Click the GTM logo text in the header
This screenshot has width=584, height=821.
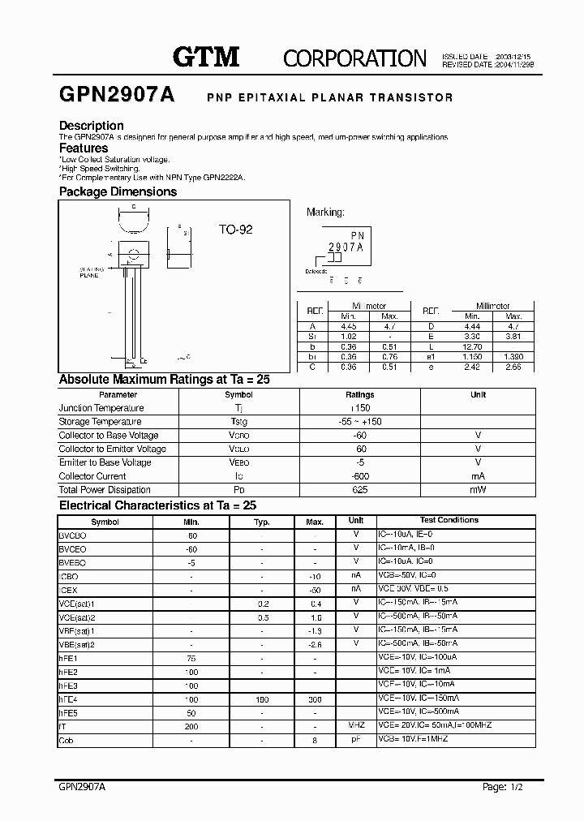coord(206,56)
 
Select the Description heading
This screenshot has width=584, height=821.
coord(92,126)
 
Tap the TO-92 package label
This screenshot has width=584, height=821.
coord(235,230)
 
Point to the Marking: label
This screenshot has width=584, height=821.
coord(325,212)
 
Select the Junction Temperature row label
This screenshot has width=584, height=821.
coord(101,408)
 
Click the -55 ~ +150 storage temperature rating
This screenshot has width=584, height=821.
coord(360,422)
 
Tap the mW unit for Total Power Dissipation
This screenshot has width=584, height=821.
coord(478,490)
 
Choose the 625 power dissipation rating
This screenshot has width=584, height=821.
coord(360,490)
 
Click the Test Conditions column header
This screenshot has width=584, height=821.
coord(449,520)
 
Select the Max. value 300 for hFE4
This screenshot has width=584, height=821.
coord(316,698)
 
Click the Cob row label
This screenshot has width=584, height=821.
coord(67,740)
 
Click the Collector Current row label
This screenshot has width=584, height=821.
coord(92,476)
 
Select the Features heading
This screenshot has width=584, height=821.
coord(84,148)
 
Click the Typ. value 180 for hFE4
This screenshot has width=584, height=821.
coord(262,698)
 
